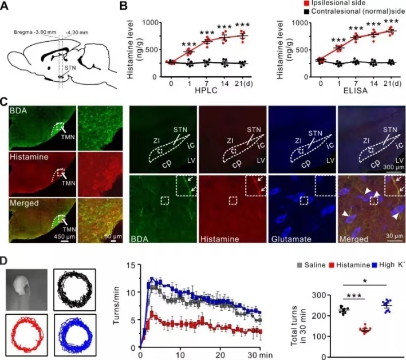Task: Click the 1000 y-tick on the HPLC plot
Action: [x=150, y=23]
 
